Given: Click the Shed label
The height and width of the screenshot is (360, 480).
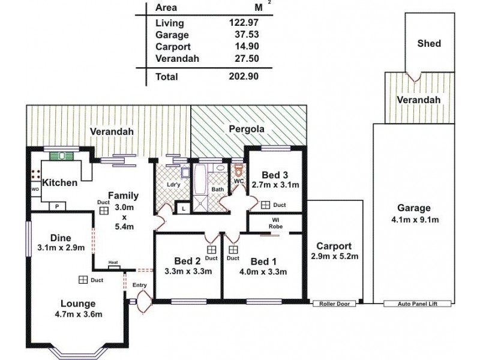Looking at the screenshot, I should pos(428,43).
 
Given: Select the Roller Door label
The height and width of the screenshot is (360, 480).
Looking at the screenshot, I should pos(334,304).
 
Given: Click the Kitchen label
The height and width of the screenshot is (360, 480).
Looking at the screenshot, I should pos(60,182).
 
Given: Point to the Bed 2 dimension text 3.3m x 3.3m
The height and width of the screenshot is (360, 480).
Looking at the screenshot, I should pos(188,271).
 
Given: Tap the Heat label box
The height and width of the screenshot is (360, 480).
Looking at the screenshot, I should pos(113,262).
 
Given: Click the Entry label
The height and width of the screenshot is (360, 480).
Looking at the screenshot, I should pos(140,286).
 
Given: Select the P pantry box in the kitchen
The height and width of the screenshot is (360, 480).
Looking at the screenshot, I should pos(58,206).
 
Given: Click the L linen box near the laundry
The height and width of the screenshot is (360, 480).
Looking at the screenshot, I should pos(181,208).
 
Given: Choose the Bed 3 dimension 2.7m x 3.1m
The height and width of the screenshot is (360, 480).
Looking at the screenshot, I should pos(275,185).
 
